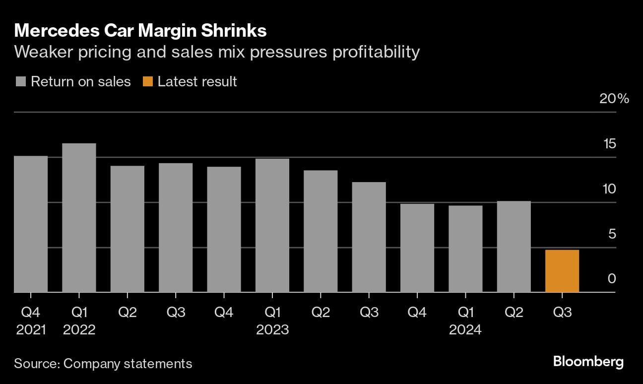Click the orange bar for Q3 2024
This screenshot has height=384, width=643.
[x=562, y=271]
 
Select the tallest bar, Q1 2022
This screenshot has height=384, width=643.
[x=79, y=218]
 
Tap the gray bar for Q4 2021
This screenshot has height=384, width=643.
[x=31, y=224]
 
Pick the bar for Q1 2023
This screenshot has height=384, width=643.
[x=272, y=226]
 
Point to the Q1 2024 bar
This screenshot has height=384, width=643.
[x=465, y=249]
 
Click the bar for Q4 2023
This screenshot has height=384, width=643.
[x=417, y=248]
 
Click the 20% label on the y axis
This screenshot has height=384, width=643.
[x=614, y=99]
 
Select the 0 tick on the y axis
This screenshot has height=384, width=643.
[x=612, y=279]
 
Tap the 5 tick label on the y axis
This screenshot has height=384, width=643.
[x=612, y=234]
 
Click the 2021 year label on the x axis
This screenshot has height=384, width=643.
[x=31, y=329]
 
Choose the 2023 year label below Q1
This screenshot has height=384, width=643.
[x=272, y=329]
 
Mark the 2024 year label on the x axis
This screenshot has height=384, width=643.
[x=465, y=329]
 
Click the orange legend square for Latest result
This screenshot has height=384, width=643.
[x=147, y=82]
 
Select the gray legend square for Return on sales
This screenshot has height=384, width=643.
[x=21, y=82]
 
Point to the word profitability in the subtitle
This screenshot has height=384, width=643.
[x=376, y=52]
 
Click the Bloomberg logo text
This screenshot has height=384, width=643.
[x=588, y=362]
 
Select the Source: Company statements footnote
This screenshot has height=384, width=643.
[x=103, y=363]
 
